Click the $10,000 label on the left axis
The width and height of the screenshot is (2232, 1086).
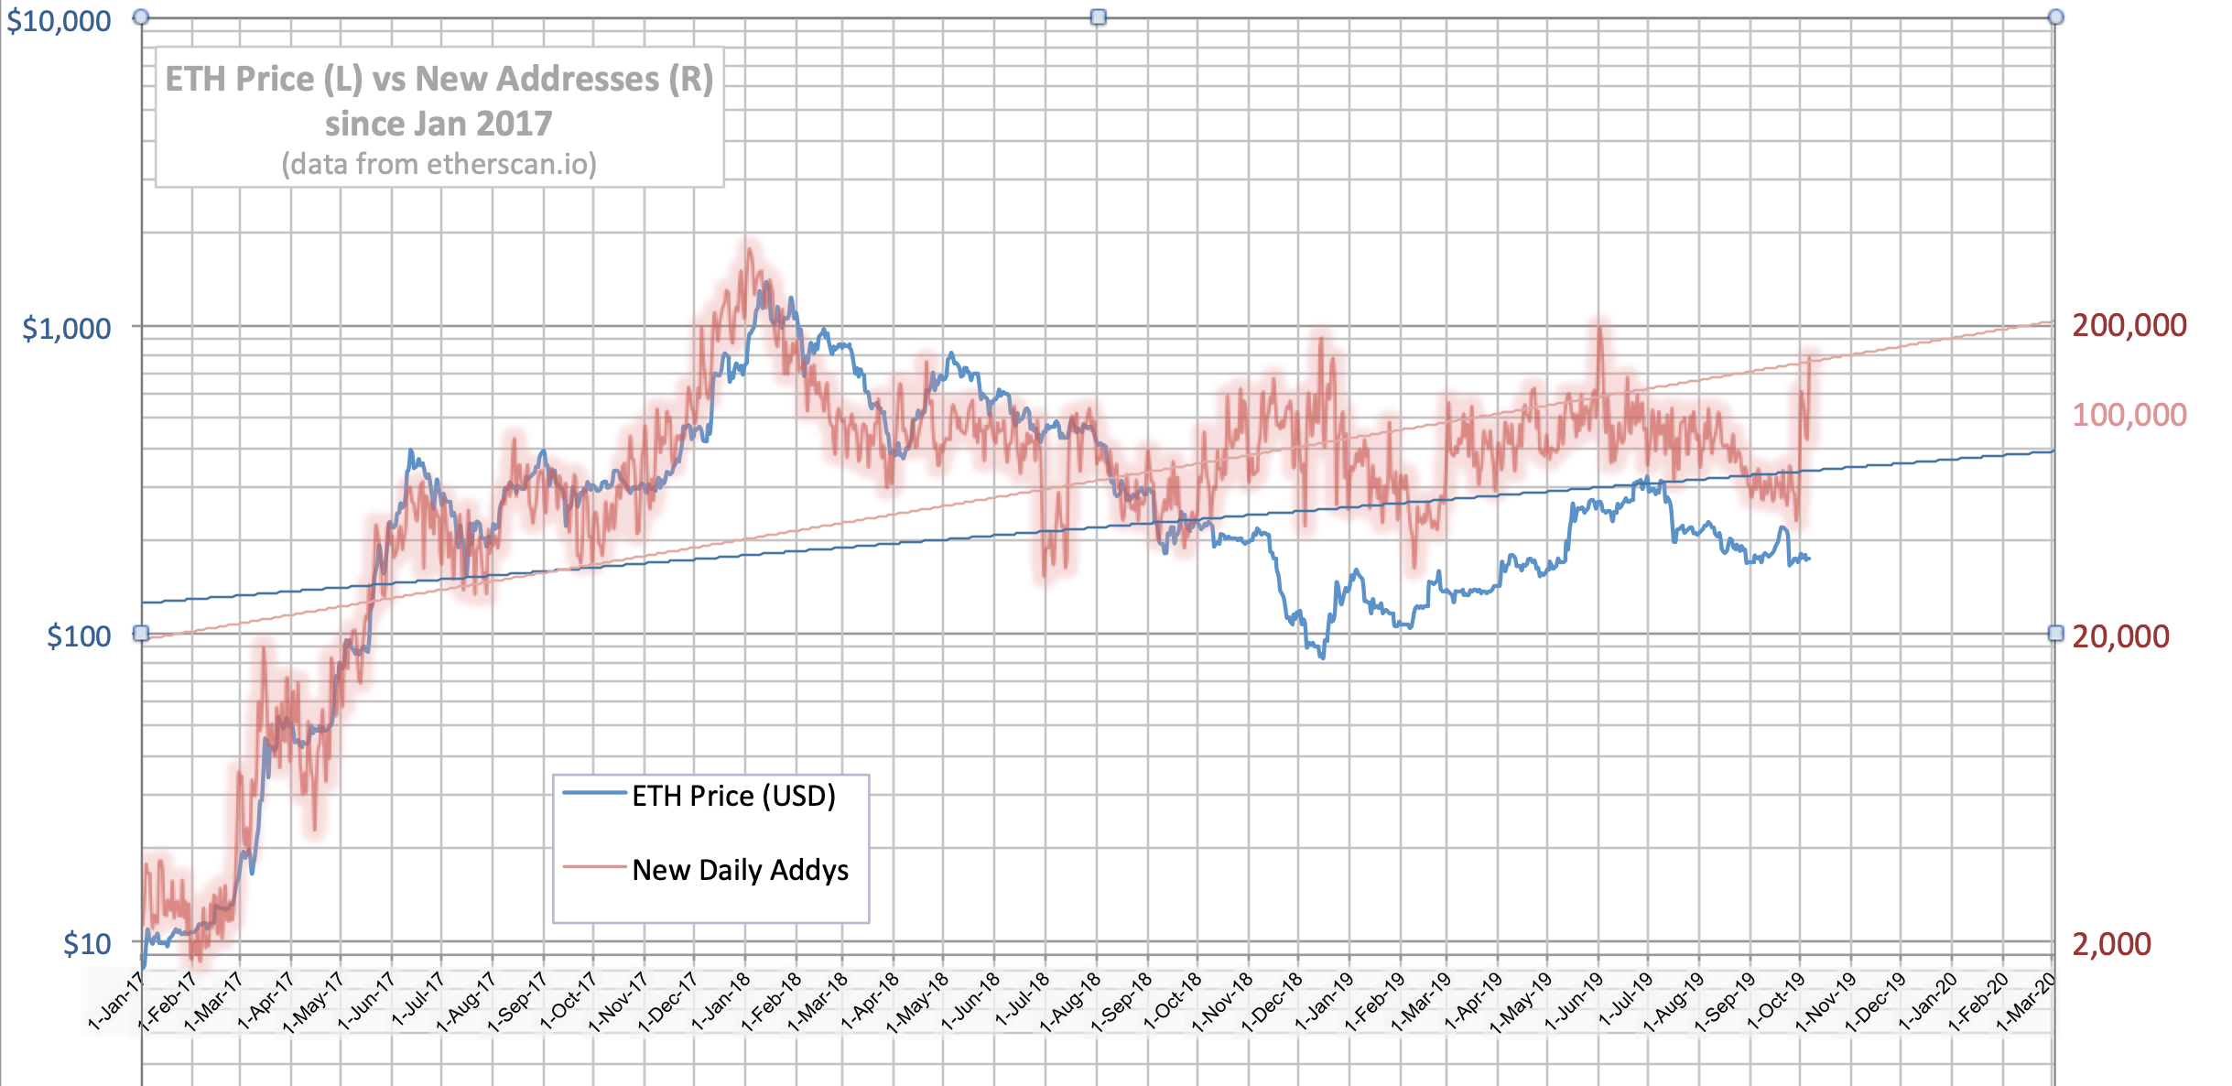(59, 21)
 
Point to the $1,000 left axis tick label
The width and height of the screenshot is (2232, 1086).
(67, 328)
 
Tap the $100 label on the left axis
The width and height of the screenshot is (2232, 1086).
(79, 635)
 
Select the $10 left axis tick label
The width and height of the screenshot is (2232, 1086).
(87, 943)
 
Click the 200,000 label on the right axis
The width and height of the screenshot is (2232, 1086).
(2129, 325)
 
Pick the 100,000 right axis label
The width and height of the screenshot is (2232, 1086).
(2129, 415)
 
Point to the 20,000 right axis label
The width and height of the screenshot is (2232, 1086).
(2120, 636)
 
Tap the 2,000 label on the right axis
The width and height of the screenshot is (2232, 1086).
(2111, 943)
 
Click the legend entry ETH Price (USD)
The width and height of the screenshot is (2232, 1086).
(733, 796)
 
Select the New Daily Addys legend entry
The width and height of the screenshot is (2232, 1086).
(740, 870)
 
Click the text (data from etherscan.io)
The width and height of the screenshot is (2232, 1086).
(439, 164)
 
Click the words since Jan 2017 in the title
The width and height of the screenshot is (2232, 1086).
(439, 124)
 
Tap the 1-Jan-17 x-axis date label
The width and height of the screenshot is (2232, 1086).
(116, 1004)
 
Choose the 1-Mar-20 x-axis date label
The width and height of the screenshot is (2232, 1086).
(2026, 1004)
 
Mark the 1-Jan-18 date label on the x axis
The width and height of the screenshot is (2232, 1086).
(721, 1004)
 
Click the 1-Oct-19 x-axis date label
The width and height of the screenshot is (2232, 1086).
(1776, 1004)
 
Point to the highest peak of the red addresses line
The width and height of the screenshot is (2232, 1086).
(749, 247)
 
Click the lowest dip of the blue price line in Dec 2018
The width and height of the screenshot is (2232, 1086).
(1322, 657)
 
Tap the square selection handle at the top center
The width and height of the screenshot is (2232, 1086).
(1099, 16)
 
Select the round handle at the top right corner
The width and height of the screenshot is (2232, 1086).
(2056, 16)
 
